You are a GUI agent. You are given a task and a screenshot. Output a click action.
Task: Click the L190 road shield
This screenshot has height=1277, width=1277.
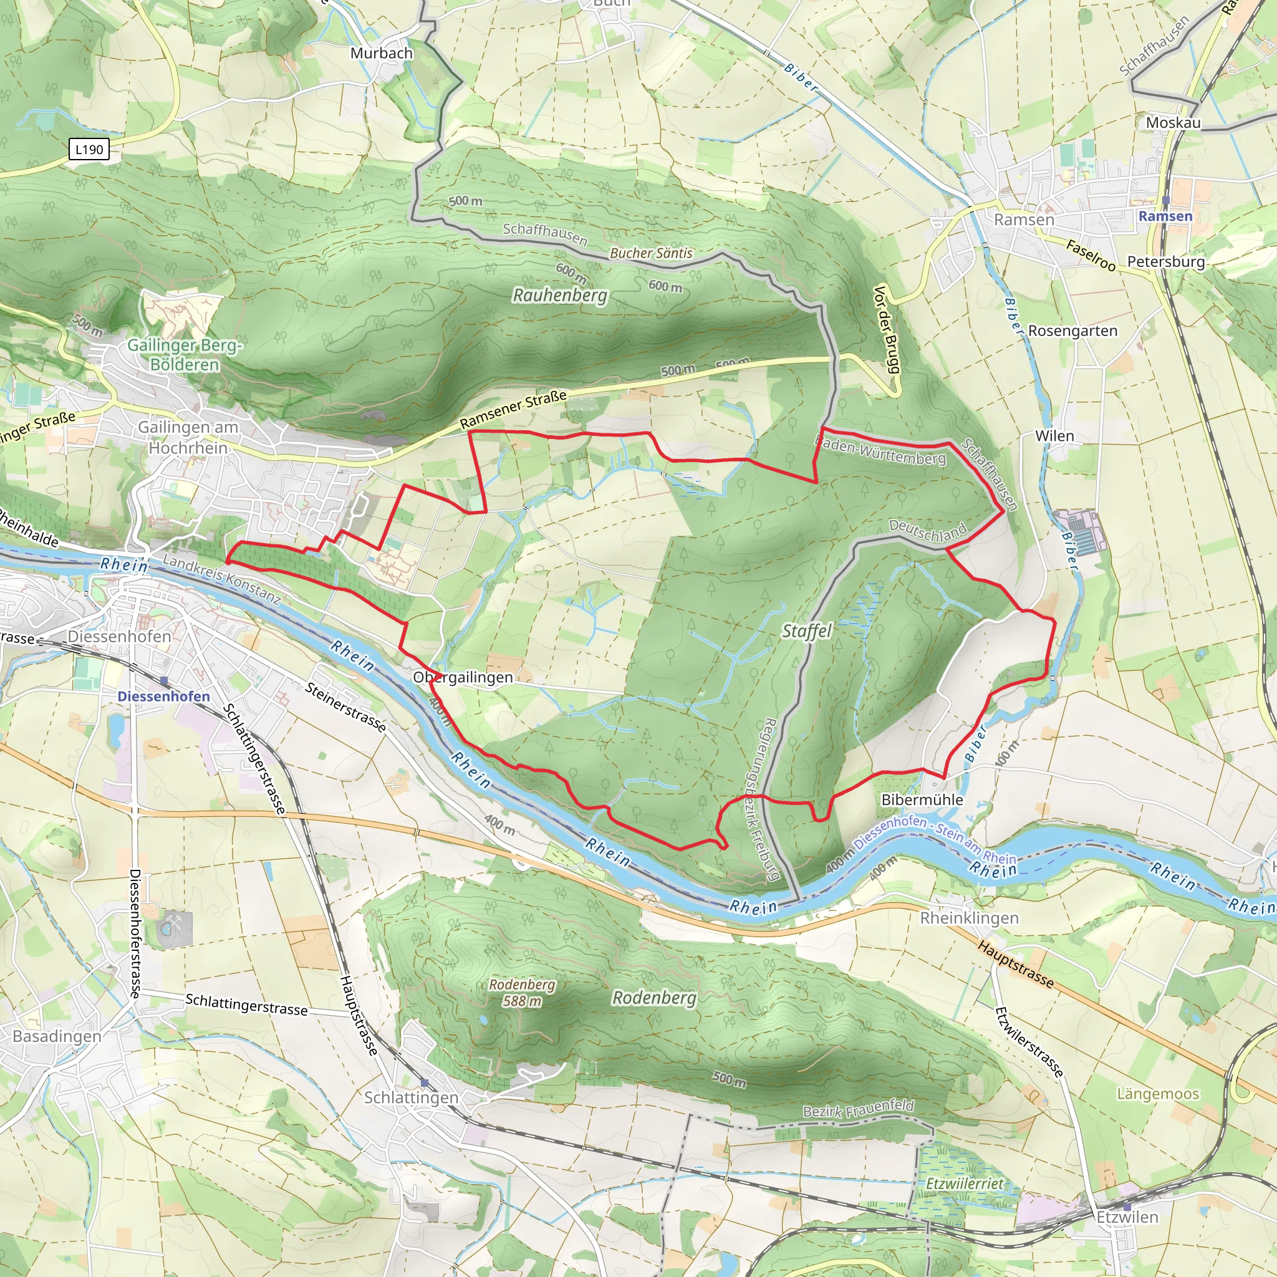coord(89,150)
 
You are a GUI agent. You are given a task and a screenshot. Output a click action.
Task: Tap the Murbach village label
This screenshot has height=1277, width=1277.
coord(382,53)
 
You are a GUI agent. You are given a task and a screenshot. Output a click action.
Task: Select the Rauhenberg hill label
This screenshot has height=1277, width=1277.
coord(560,295)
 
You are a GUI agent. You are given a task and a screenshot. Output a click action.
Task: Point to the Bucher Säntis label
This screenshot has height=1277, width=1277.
coord(651,253)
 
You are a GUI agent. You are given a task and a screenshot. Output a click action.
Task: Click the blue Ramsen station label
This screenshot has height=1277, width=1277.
coord(1165,216)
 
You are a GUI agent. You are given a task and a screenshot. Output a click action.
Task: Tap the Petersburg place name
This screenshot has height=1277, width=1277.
coord(1166,261)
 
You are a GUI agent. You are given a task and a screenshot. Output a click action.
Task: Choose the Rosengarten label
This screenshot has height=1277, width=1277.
coord(1072,330)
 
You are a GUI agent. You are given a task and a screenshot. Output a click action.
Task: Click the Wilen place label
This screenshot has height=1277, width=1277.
coord(1054,436)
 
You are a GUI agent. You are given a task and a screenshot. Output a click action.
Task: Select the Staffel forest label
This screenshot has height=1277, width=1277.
coord(806,631)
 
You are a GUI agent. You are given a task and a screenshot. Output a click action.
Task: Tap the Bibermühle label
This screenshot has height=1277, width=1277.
coord(922,800)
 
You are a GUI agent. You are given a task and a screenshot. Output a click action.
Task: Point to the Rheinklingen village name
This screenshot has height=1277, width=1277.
coord(969,918)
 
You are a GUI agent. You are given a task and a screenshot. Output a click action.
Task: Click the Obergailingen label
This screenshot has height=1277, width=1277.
coord(463,678)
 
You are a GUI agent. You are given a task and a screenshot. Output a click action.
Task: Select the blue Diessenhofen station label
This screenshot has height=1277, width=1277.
coord(163,696)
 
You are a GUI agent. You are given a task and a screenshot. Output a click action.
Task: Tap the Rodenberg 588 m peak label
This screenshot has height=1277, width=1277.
coord(522,992)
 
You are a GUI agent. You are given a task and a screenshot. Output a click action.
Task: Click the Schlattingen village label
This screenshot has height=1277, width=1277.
coord(411,1097)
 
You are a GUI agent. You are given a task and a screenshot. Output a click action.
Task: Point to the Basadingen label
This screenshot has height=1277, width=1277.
coord(57,1036)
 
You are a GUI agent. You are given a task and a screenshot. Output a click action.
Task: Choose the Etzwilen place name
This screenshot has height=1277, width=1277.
coord(1127,1217)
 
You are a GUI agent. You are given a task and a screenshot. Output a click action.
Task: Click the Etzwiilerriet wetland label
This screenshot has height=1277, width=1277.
coord(965,1183)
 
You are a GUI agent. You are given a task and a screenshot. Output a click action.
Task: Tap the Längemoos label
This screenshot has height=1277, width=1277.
coord(1157,1094)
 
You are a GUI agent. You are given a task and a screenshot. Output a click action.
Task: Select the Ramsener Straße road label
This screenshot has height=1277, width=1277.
coord(514,409)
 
